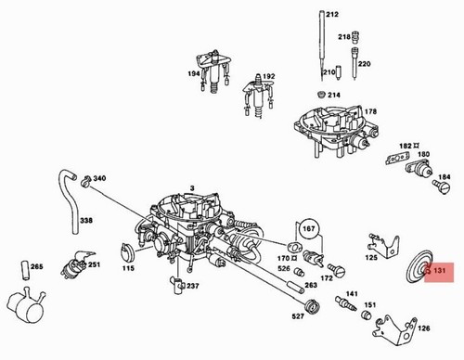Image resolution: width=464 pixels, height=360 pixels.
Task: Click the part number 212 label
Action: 332,14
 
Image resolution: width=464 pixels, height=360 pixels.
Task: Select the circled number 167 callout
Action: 308,229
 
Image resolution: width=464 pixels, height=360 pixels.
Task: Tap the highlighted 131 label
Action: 439,272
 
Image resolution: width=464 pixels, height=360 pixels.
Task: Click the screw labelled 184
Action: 442,186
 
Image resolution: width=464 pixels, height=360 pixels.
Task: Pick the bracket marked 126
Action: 395,330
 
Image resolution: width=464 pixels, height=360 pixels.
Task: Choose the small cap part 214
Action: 322,95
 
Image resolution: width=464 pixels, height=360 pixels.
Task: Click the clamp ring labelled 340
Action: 85,182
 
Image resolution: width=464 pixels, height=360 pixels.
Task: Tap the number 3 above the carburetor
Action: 192,188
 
